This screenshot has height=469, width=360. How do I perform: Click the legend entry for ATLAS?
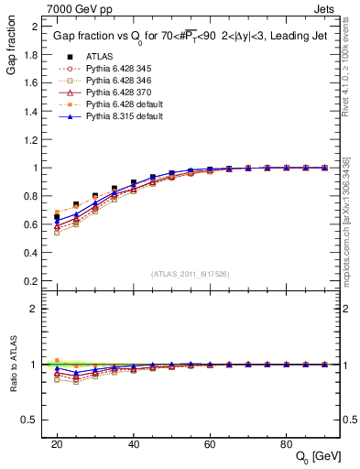tap(99, 55)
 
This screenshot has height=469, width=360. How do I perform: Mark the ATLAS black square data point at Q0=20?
tap(57, 217)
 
